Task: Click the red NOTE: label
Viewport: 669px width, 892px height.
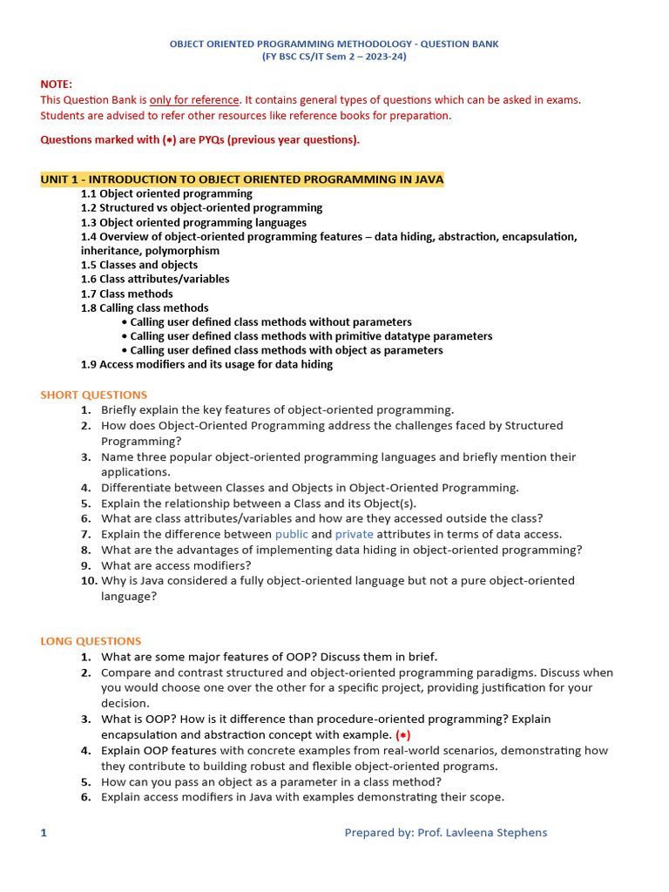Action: click(x=57, y=84)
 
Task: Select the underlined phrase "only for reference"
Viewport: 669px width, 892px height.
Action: click(x=194, y=99)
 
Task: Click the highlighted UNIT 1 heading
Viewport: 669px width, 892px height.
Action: click(x=241, y=179)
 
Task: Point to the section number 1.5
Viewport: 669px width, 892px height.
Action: click(x=89, y=265)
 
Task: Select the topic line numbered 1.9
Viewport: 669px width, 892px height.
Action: click(x=206, y=364)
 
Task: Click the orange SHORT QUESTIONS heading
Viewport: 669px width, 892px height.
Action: click(x=94, y=395)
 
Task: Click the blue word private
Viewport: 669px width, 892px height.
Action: click(x=354, y=534)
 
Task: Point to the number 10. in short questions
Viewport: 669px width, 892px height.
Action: click(x=89, y=580)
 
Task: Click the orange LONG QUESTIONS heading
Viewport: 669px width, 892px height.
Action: click(x=91, y=641)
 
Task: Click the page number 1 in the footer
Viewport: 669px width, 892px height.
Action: click(x=44, y=833)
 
